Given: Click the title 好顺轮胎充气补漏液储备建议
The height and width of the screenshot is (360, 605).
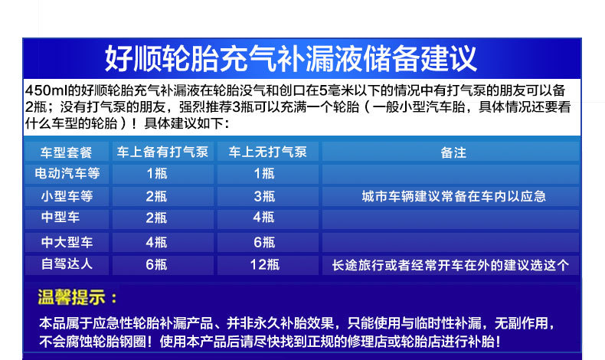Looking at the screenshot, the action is pyautogui.click(x=290, y=58).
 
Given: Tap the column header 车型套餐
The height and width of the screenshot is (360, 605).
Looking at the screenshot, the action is pyautogui.click(x=66, y=152).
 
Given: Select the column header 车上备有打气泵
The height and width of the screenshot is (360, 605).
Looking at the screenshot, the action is pyautogui.click(x=162, y=152).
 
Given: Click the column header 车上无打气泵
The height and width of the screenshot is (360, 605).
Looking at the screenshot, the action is pyautogui.click(x=267, y=152).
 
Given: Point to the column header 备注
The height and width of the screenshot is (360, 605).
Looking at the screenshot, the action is pyautogui.click(x=453, y=152).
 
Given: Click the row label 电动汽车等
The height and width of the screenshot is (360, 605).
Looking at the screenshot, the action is pyautogui.click(x=67, y=173).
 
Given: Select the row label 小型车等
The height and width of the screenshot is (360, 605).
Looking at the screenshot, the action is pyautogui.click(x=67, y=196).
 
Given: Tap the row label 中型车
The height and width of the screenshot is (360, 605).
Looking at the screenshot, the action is pyautogui.click(x=60, y=218).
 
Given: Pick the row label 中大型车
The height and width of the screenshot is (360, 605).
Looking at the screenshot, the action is pyautogui.click(x=67, y=242).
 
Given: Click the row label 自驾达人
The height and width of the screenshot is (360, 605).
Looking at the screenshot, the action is pyautogui.click(x=67, y=264).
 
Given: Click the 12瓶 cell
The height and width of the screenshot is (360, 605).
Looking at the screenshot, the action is pyautogui.click(x=264, y=265).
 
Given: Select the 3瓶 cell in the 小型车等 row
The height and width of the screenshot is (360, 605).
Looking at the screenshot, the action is pyautogui.click(x=264, y=196).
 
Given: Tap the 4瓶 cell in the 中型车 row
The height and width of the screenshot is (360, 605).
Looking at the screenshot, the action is pyautogui.click(x=263, y=218).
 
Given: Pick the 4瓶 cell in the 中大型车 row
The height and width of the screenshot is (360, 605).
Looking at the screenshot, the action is pyautogui.click(x=156, y=242).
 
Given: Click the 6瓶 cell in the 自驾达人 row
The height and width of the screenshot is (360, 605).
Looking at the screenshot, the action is pyautogui.click(x=156, y=264).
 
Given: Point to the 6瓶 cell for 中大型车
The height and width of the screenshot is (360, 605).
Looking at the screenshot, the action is pyautogui.click(x=264, y=242).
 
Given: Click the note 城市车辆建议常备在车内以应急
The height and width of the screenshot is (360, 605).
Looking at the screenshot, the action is pyautogui.click(x=453, y=196).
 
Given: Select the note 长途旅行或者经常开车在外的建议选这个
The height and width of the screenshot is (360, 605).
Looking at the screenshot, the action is pyautogui.click(x=450, y=265).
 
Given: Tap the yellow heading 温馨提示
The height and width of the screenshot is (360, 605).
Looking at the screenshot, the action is pyautogui.click(x=72, y=297).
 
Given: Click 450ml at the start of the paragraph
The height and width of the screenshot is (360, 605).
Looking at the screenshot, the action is pyautogui.click(x=46, y=90).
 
